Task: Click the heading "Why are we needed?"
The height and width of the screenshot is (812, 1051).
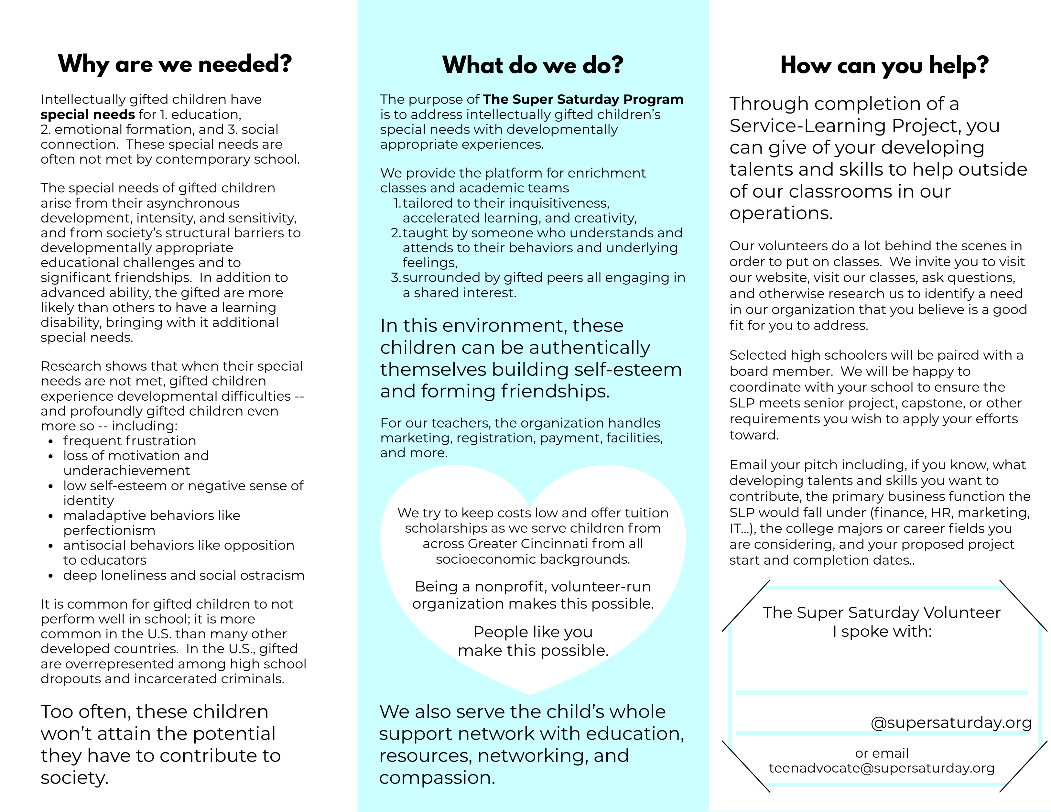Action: [x=175, y=64]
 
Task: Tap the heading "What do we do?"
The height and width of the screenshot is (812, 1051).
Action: [x=533, y=65]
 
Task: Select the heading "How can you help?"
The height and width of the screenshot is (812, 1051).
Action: [x=884, y=65]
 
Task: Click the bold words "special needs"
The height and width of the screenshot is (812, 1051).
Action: [x=88, y=114]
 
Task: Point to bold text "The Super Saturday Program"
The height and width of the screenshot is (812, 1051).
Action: [x=583, y=99]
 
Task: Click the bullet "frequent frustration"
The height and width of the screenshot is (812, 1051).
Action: [x=129, y=441]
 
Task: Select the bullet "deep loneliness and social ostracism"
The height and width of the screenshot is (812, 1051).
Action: [x=183, y=575]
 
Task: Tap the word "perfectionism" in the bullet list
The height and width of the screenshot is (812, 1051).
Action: [x=109, y=530]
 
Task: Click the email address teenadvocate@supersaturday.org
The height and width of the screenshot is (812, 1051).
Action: [x=882, y=768]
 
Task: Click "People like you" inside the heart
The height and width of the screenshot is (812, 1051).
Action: [x=533, y=632]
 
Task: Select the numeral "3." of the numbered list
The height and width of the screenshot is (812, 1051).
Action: [x=395, y=278]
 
